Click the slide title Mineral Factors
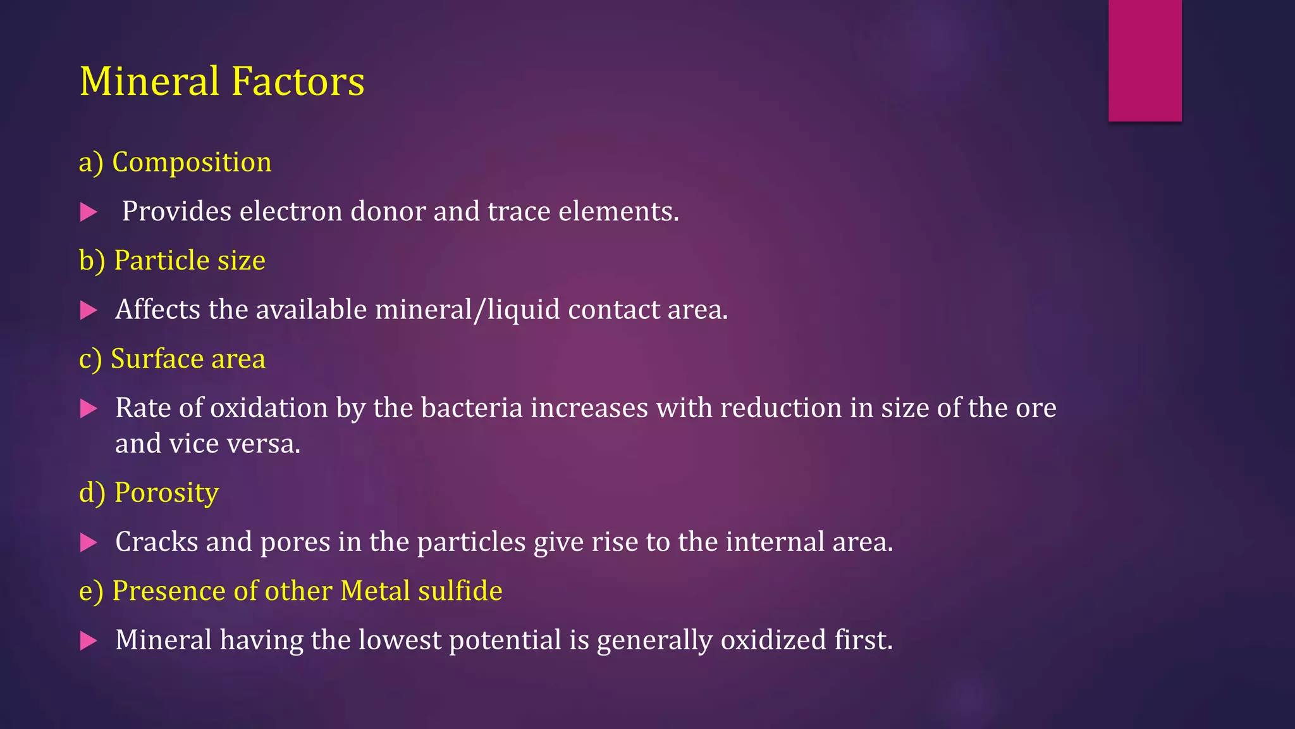pyautogui.click(x=222, y=82)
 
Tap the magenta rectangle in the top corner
pyautogui.click(x=1145, y=60)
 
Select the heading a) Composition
pyautogui.click(x=175, y=163)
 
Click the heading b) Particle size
pyautogui.click(x=172, y=261)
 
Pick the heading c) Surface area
pyautogui.click(x=172, y=359)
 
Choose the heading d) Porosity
pyautogui.click(x=149, y=493)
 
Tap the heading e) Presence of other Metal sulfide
pyautogui.click(x=290, y=591)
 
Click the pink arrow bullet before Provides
pyautogui.click(x=89, y=212)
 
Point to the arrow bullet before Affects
pyautogui.click(x=89, y=310)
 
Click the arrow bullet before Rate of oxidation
pyautogui.click(x=89, y=409)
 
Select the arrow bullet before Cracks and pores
pyautogui.click(x=89, y=542)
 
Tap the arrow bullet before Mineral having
pyautogui.click(x=89, y=641)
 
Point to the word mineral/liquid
pyautogui.click(x=467, y=310)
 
